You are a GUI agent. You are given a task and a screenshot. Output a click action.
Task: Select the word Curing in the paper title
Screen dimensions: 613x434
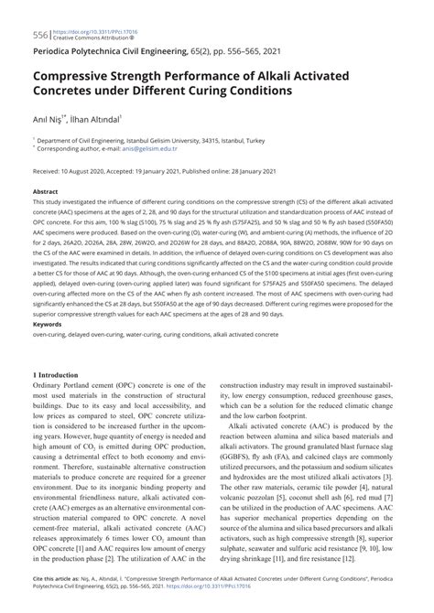click(222, 92)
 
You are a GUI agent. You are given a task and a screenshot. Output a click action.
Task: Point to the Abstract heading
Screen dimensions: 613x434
click(45, 192)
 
